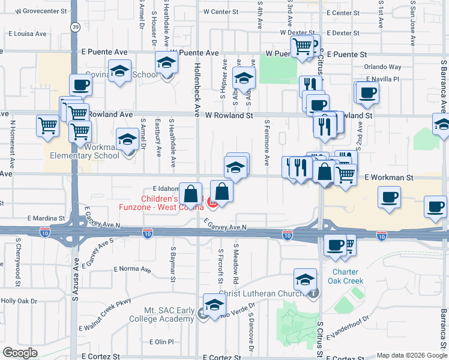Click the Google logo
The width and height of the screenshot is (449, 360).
(x=20, y=353)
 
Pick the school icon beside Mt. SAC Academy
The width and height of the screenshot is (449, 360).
(x=214, y=304)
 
